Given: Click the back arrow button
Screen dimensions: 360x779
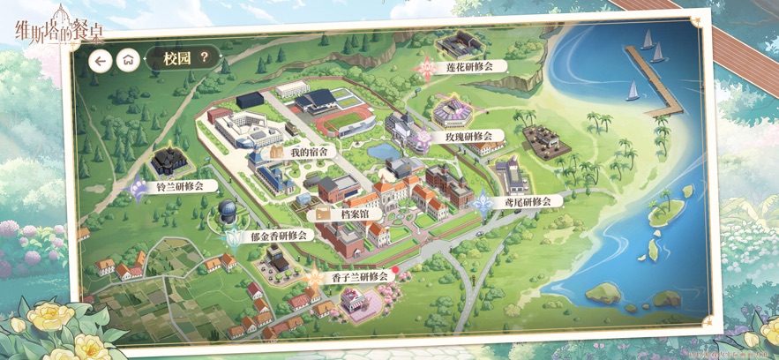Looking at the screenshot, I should pyautogui.click(x=101, y=60).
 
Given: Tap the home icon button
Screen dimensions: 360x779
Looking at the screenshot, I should pyautogui.click(x=129, y=60).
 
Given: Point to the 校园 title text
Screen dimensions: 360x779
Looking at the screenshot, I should pyautogui.click(x=165, y=59).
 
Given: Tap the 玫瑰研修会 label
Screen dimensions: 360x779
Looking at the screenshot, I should pyautogui.click(x=468, y=138).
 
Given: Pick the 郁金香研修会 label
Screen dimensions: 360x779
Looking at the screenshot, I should pyautogui.click(x=279, y=236).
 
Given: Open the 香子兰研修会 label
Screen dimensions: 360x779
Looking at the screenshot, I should pyautogui.click(x=360, y=276).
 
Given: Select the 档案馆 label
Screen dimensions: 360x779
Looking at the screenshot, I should pyautogui.click(x=361, y=214).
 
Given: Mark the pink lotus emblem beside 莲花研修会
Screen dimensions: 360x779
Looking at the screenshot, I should pyautogui.click(x=427, y=65).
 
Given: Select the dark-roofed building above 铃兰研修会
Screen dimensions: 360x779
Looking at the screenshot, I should pyautogui.click(x=167, y=161).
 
